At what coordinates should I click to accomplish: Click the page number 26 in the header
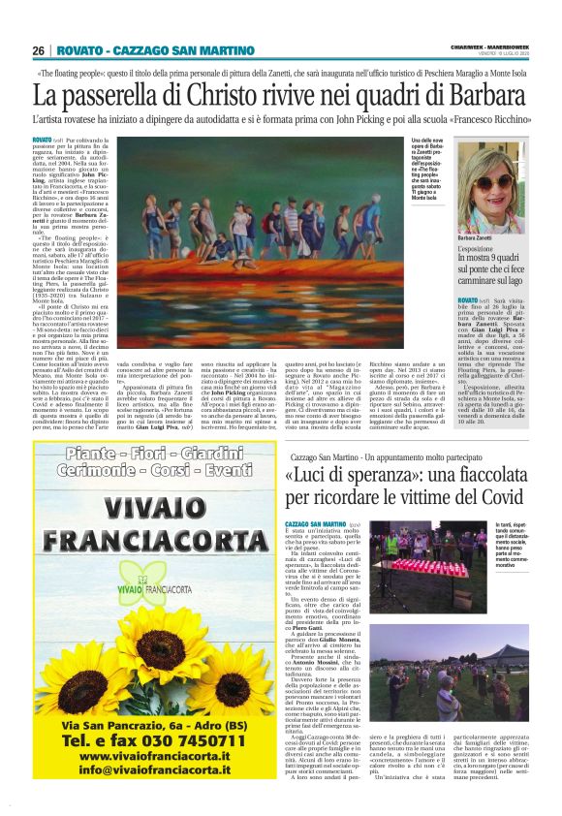coord(39,50)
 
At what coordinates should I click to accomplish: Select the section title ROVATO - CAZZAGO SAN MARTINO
coord(154,50)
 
